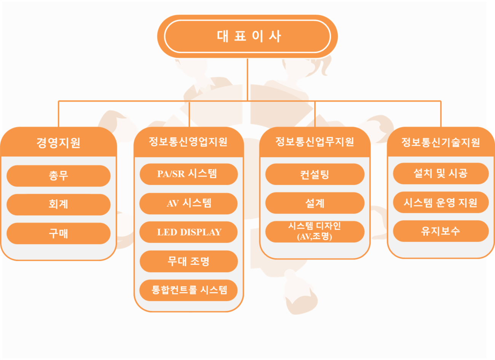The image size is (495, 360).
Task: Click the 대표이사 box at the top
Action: (x=247, y=37)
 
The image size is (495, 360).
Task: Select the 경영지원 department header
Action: (x=59, y=142)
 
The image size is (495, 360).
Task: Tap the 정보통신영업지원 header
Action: (x=189, y=142)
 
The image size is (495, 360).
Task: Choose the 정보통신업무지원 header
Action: (x=315, y=142)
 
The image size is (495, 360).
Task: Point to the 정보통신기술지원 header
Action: (x=441, y=142)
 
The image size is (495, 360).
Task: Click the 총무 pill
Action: (x=59, y=176)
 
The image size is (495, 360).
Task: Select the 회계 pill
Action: (x=59, y=205)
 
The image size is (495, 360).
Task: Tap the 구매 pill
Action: (x=59, y=233)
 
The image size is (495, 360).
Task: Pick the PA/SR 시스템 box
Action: (x=189, y=174)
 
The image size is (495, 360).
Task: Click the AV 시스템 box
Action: (x=188, y=203)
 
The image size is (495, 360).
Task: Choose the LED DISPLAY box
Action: (x=188, y=232)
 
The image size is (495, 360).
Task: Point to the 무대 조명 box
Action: (x=189, y=261)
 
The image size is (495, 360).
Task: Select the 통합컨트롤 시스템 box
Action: (x=188, y=290)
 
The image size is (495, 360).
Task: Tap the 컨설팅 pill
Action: (x=315, y=174)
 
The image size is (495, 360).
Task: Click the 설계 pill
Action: (x=315, y=203)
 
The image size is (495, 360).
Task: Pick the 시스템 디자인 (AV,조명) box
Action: (x=315, y=232)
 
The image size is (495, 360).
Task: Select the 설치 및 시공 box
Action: (x=441, y=173)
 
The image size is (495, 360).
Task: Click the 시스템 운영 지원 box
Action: (x=441, y=202)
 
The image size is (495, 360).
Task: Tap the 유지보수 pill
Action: (x=441, y=231)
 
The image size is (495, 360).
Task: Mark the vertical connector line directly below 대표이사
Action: (x=247, y=80)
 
